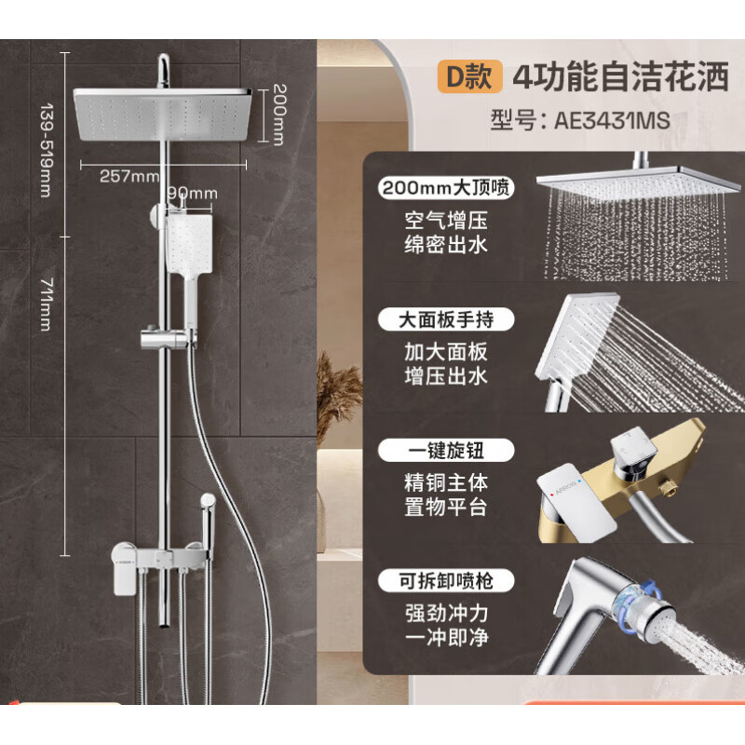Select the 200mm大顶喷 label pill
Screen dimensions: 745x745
(446, 188)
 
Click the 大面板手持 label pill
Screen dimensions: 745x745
(446, 320)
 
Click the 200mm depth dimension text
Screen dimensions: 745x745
(278, 114)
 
